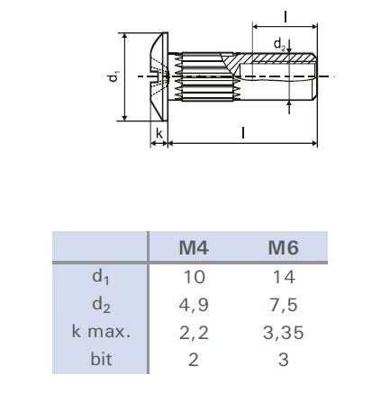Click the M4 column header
point(194,247)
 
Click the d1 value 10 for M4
point(194,276)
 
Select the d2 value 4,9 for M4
point(194,304)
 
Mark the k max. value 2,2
point(194,332)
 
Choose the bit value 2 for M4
point(194,360)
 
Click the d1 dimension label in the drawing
point(113,77)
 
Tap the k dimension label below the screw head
point(159,134)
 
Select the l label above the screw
point(285,16)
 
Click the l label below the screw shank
point(243,133)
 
